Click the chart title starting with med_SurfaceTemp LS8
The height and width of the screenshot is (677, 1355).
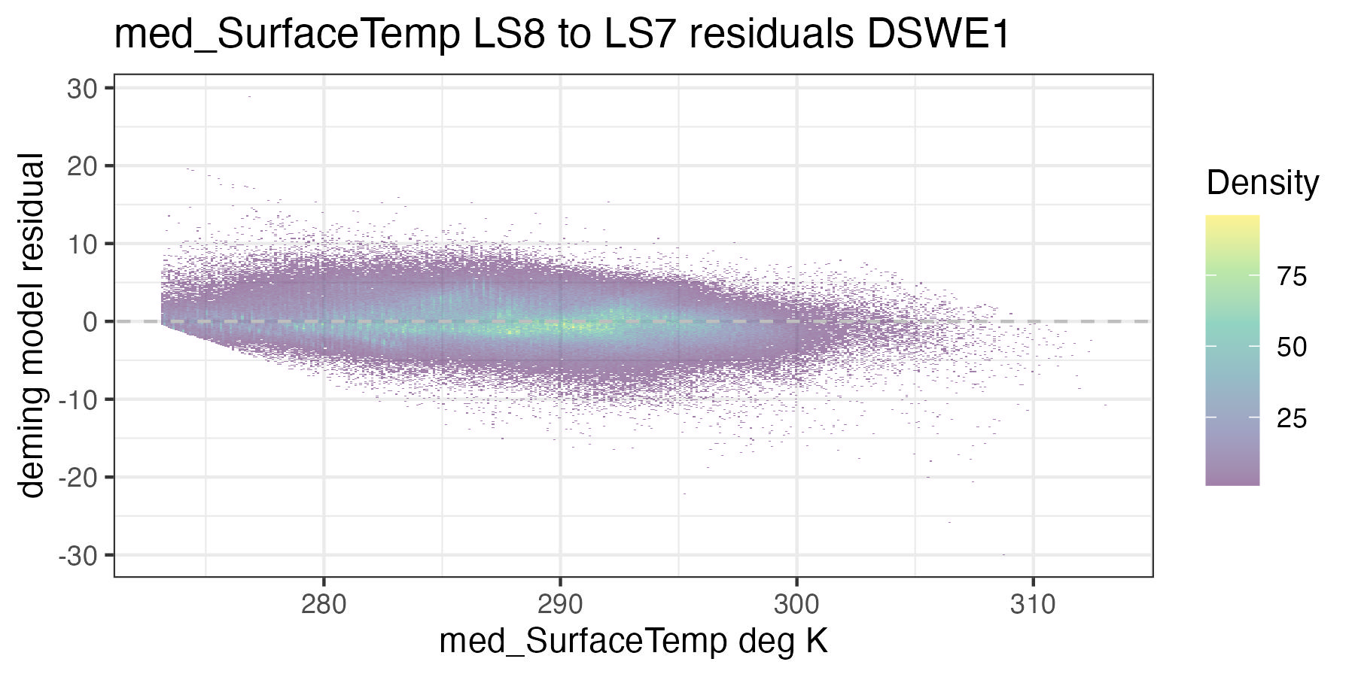coord(561,35)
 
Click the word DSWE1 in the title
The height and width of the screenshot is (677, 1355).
coord(938,35)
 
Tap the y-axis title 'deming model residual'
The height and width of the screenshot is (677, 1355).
coord(32,325)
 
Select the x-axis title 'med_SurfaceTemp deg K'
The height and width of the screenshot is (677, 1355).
coord(633,642)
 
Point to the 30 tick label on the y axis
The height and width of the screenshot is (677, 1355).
coord(83,89)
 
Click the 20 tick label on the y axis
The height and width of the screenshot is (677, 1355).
coord(83,166)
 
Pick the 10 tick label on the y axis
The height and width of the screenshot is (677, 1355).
coord(83,244)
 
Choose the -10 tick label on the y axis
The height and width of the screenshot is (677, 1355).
coord(78,399)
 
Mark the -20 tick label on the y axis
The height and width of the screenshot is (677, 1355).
coord(78,477)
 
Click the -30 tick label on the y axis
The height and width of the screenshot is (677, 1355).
coord(78,555)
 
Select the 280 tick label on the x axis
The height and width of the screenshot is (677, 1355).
coord(324,604)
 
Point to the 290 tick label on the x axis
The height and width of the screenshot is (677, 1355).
coord(560,604)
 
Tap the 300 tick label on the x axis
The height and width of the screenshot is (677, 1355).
coord(796,604)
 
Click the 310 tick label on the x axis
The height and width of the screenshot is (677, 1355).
coord(1033,604)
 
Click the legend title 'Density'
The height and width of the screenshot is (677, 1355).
coord(1262,184)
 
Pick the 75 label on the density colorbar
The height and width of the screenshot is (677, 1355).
coord(1292,277)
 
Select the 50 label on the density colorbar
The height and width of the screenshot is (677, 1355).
coord(1292,348)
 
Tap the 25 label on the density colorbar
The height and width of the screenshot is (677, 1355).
coord(1292,418)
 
